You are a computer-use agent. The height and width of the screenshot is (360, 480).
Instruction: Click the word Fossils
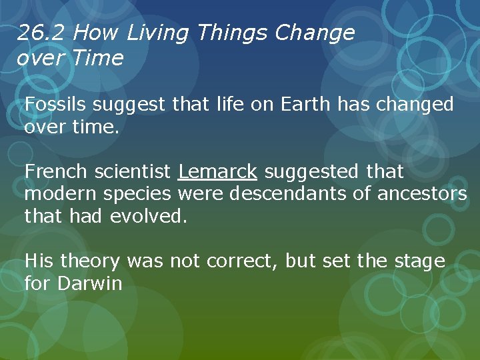pos(56,105)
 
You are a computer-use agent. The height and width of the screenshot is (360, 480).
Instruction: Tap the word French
pos(56,172)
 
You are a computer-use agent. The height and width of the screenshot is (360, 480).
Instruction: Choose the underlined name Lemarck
pos(217,172)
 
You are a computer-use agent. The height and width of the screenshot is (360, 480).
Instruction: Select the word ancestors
pos(423,194)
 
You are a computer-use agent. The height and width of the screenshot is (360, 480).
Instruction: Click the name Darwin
pos(89,283)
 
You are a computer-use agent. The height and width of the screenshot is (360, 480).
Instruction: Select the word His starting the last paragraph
pos(39,261)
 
